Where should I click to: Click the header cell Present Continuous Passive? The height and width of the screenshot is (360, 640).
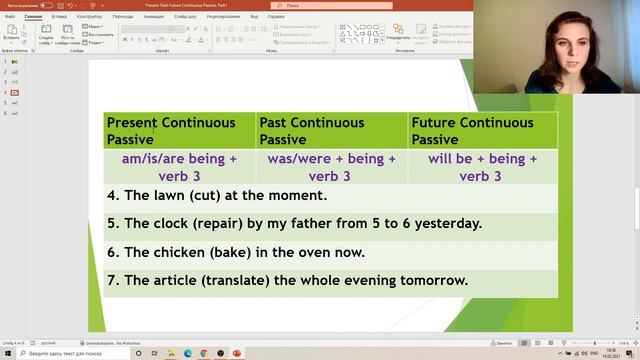click(x=171, y=131)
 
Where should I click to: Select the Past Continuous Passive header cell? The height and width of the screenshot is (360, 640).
click(x=312, y=131)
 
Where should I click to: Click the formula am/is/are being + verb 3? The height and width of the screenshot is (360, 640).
click(x=179, y=167)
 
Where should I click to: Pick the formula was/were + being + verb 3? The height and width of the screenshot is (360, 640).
click(x=331, y=167)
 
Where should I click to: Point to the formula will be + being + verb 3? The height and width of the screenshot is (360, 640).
click(x=482, y=167)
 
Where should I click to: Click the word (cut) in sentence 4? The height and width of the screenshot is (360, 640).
click(x=212, y=196)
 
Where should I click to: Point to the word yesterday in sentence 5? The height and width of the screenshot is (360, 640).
click(x=450, y=224)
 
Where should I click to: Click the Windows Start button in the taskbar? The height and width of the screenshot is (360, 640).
click(x=7, y=353)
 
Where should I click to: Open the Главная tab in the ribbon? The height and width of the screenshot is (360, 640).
click(x=33, y=17)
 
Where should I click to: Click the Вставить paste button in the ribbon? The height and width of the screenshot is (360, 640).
click(x=11, y=34)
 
